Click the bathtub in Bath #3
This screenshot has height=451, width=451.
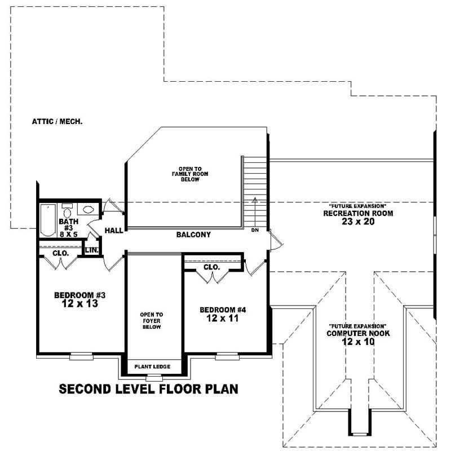point(47,221)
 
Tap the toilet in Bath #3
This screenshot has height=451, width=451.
point(67,213)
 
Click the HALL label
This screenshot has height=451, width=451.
point(113,231)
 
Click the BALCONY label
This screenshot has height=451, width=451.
point(193,235)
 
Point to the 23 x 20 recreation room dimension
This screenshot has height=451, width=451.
point(357,222)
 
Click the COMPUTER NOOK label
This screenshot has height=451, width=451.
point(357,334)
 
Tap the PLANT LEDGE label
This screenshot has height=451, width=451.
point(152,367)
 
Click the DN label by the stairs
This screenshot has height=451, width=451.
point(254,230)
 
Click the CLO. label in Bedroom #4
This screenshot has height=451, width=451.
point(211,267)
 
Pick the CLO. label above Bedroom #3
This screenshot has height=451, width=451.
point(61,254)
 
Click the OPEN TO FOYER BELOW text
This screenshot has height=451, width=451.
point(152,320)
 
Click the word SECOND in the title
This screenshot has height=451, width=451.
point(89,389)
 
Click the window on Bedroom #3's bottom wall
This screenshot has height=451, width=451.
point(81,356)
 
